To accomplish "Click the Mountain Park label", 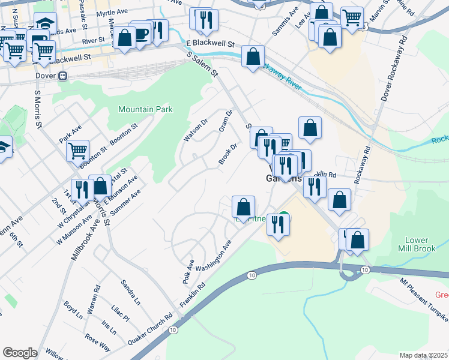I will tap(145, 109).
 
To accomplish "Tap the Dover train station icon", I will tap(62, 77).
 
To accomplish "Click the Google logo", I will tap(20, 353).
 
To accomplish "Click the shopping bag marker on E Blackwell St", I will tap(253, 57).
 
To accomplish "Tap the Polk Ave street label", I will tap(188, 272).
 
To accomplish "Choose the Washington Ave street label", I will tap(214, 256).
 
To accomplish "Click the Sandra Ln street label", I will tap(130, 291).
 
